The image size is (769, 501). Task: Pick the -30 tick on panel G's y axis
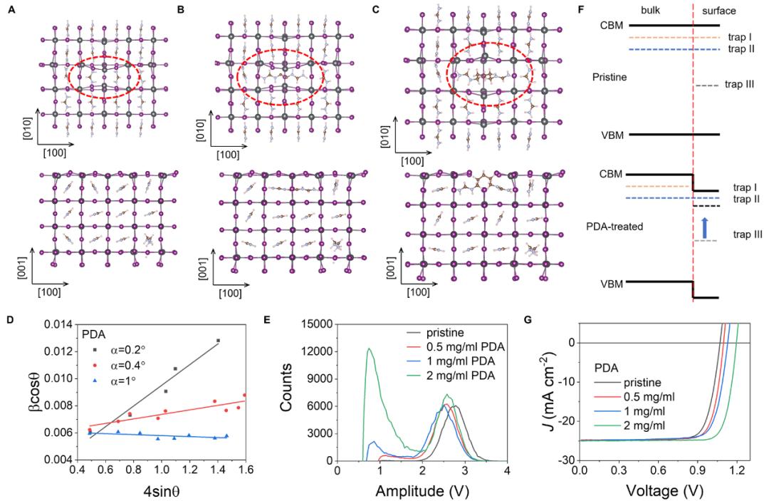[x=567, y=460]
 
